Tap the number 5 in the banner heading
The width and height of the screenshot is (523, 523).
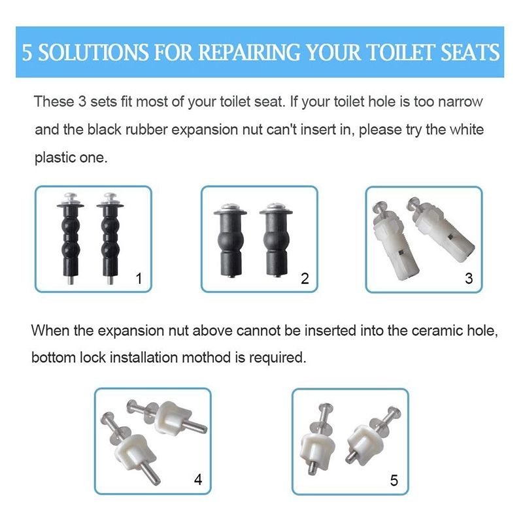tap(27, 52)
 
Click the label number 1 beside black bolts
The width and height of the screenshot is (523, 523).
tap(138, 278)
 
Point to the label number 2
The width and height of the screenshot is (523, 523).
tap(304, 278)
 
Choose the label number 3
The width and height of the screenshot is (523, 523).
tap(468, 278)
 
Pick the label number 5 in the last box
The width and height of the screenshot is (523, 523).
tap(394, 481)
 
